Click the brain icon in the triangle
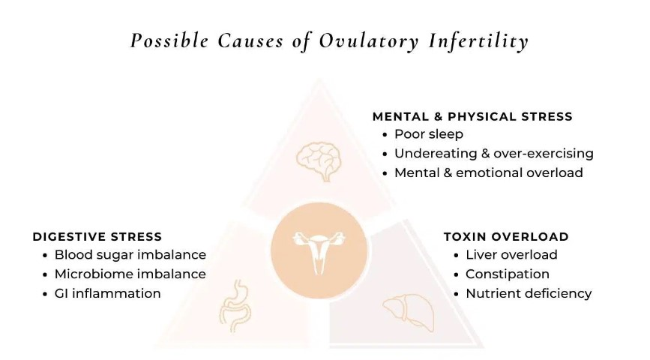[x=319, y=161]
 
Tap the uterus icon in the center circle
[x=319, y=252]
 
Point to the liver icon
[x=409, y=312]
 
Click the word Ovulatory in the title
[x=369, y=41]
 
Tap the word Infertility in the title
[x=478, y=41]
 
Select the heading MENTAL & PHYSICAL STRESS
[x=472, y=116]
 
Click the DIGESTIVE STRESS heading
[x=97, y=237]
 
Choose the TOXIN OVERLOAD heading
[x=506, y=237]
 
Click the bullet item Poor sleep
[x=429, y=134]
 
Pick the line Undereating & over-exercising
[x=494, y=154]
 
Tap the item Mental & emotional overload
[x=489, y=172]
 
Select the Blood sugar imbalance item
[x=130, y=255]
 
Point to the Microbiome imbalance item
[x=130, y=274]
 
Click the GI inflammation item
[x=107, y=294]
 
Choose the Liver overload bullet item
[x=511, y=255]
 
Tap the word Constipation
[x=508, y=274]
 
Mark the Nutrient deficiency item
[x=529, y=294]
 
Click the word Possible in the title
[x=169, y=41]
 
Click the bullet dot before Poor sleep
[x=385, y=135]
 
